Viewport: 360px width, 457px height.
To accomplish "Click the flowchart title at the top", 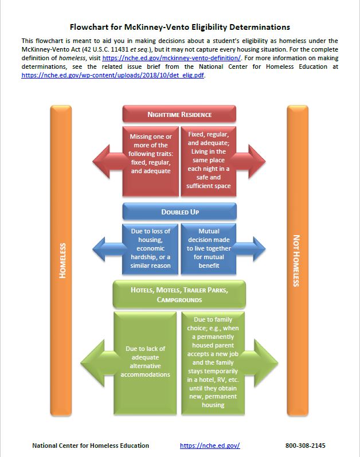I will coord(179,27).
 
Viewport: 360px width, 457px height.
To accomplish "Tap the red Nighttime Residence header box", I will coord(179,114).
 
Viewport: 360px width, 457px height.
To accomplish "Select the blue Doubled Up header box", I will coord(179,212).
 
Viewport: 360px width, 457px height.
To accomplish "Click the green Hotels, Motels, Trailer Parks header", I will coord(179,294).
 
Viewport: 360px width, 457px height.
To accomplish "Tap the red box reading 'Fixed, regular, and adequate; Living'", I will coord(209,159).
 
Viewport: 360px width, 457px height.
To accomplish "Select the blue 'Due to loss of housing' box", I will coord(151,248).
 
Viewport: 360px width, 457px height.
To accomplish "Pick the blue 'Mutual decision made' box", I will coord(209,248).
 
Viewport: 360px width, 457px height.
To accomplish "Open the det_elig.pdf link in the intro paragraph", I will coord(113,75).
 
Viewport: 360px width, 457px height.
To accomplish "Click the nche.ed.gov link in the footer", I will coord(209,446).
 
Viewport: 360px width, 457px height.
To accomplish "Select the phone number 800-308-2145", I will coord(308,446).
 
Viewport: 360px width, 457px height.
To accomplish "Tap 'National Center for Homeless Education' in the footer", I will coord(91,446).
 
